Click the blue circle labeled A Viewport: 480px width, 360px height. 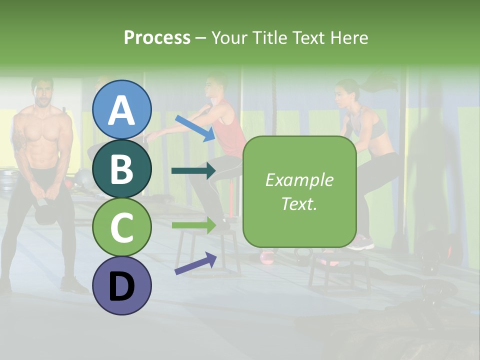[x=122, y=110]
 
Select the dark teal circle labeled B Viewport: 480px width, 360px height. [x=122, y=168]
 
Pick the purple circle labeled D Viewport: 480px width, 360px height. [x=122, y=285]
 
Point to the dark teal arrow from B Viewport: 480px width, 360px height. [x=193, y=171]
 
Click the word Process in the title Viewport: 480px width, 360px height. [x=157, y=37]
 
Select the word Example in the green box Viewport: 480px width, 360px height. [x=299, y=180]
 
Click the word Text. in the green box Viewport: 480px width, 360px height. [x=299, y=203]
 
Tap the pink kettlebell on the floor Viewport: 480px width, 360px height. [x=267, y=257]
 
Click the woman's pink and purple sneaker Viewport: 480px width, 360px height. [x=360, y=245]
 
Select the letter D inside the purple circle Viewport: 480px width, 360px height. [x=122, y=286]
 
